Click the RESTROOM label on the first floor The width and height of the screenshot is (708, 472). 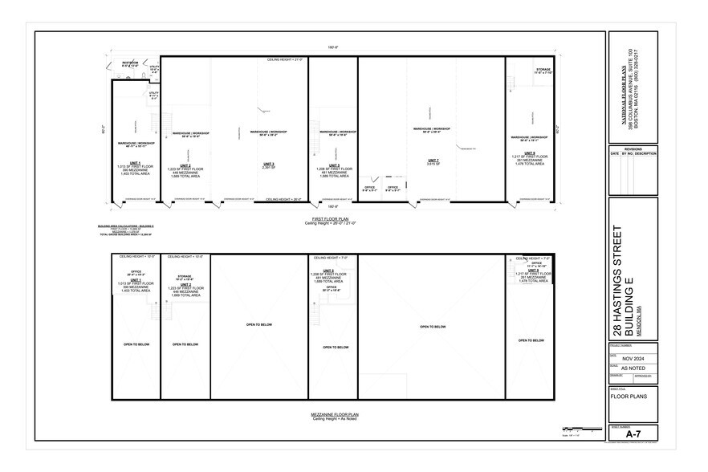pos(130,62)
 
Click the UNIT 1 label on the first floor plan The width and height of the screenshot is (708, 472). pos(129,163)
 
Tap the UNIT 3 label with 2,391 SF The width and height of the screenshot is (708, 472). pos(268,164)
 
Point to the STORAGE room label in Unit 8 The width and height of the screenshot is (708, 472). pos(543,70)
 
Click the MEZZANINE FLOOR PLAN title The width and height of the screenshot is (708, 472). pos(336,414)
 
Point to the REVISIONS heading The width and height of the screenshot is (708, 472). pos(633,149)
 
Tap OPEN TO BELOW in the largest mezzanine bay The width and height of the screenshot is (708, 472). pos(432,327)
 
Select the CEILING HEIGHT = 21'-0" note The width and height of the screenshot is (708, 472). pos(285,60)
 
